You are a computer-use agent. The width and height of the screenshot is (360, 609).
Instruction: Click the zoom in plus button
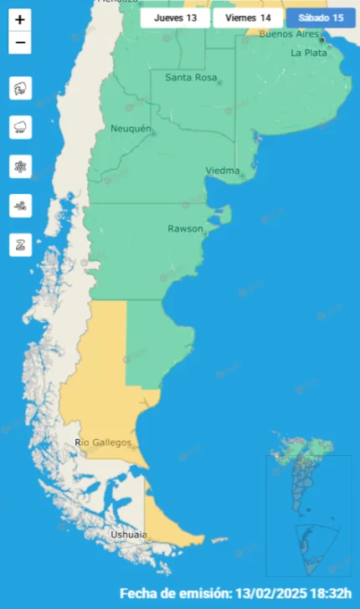pyautogui.click(x=20, y=19)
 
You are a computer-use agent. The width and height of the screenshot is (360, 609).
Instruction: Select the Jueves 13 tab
pyautogui.click(x=175, y=18)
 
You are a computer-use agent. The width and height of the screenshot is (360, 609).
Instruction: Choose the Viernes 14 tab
pyautogui.click(x=248, y=18)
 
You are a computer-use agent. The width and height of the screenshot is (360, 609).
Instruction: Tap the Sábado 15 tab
pyautogui.click(x=321, y=18)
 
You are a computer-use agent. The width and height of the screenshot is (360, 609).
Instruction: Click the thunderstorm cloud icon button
pyautogui.click(x=20, y=88)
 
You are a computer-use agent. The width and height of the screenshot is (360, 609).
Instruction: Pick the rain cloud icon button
pyautogui.click(x=20, y=127)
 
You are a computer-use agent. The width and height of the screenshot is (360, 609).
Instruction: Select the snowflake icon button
pyautogui.click(x=20, y=166)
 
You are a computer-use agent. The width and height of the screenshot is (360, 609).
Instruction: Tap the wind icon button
pyautogui.click(x=20, y=206)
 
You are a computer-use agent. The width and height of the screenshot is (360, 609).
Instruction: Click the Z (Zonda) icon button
pyautogui.click(x=20, y=245)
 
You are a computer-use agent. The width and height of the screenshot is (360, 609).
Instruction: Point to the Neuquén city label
pyautogui.click(x=131, y=129)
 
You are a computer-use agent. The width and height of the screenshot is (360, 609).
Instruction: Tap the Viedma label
pyautogui.click(x=222, y=171)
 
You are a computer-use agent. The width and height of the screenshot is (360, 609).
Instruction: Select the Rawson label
pyautogui.click(x=185, y=228)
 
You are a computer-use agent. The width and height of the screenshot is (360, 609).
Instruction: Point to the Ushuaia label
pyautogui.click(x=129, y=534)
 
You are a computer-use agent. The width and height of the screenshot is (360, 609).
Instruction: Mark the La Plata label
pyautogui.click(x=308, y=52)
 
